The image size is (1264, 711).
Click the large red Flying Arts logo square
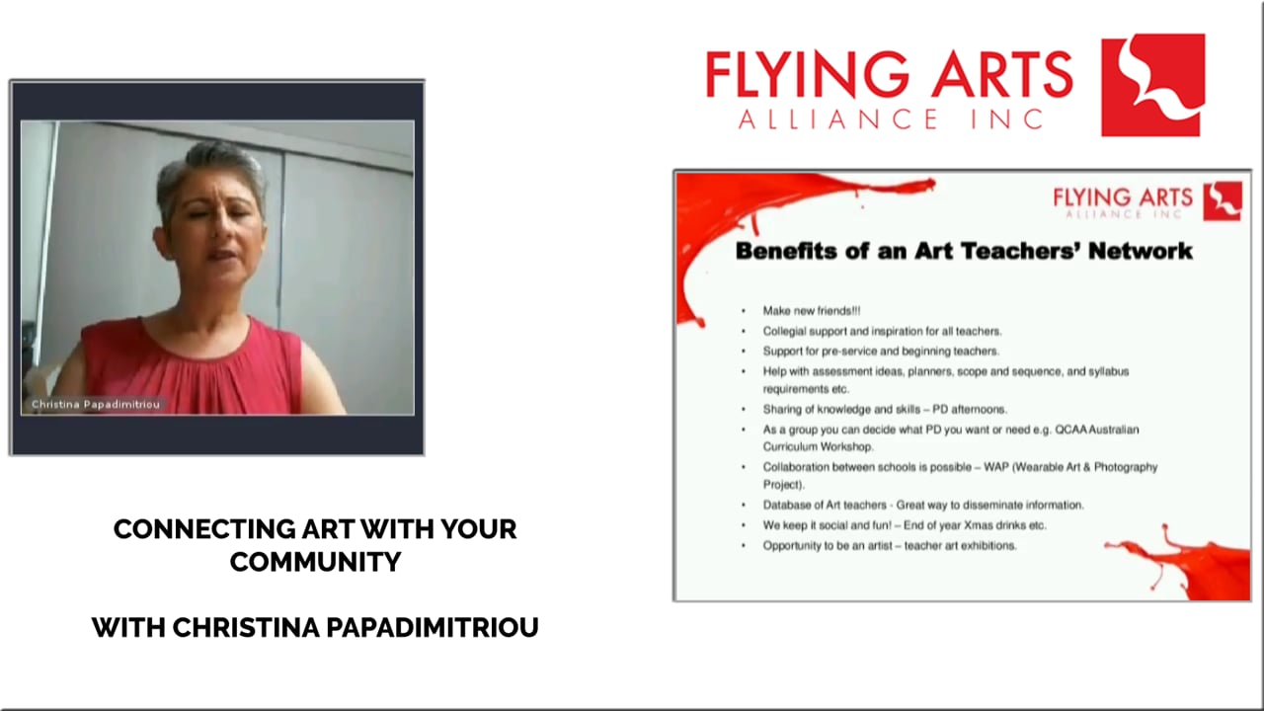(x=1152, y=85)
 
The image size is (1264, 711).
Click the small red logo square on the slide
(x=1223, y=200)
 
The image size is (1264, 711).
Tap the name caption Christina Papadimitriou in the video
(x=95, y=405)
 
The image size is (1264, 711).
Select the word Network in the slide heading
(x=1141, y=251)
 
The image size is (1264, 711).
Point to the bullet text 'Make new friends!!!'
(x=811, y=311)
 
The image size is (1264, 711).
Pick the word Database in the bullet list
(x=787, y=505)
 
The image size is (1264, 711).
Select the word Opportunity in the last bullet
(x=794, y=545)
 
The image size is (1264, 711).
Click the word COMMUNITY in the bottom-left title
(x=315, y=562)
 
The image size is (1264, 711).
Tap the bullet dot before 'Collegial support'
(x=744, y=332)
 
